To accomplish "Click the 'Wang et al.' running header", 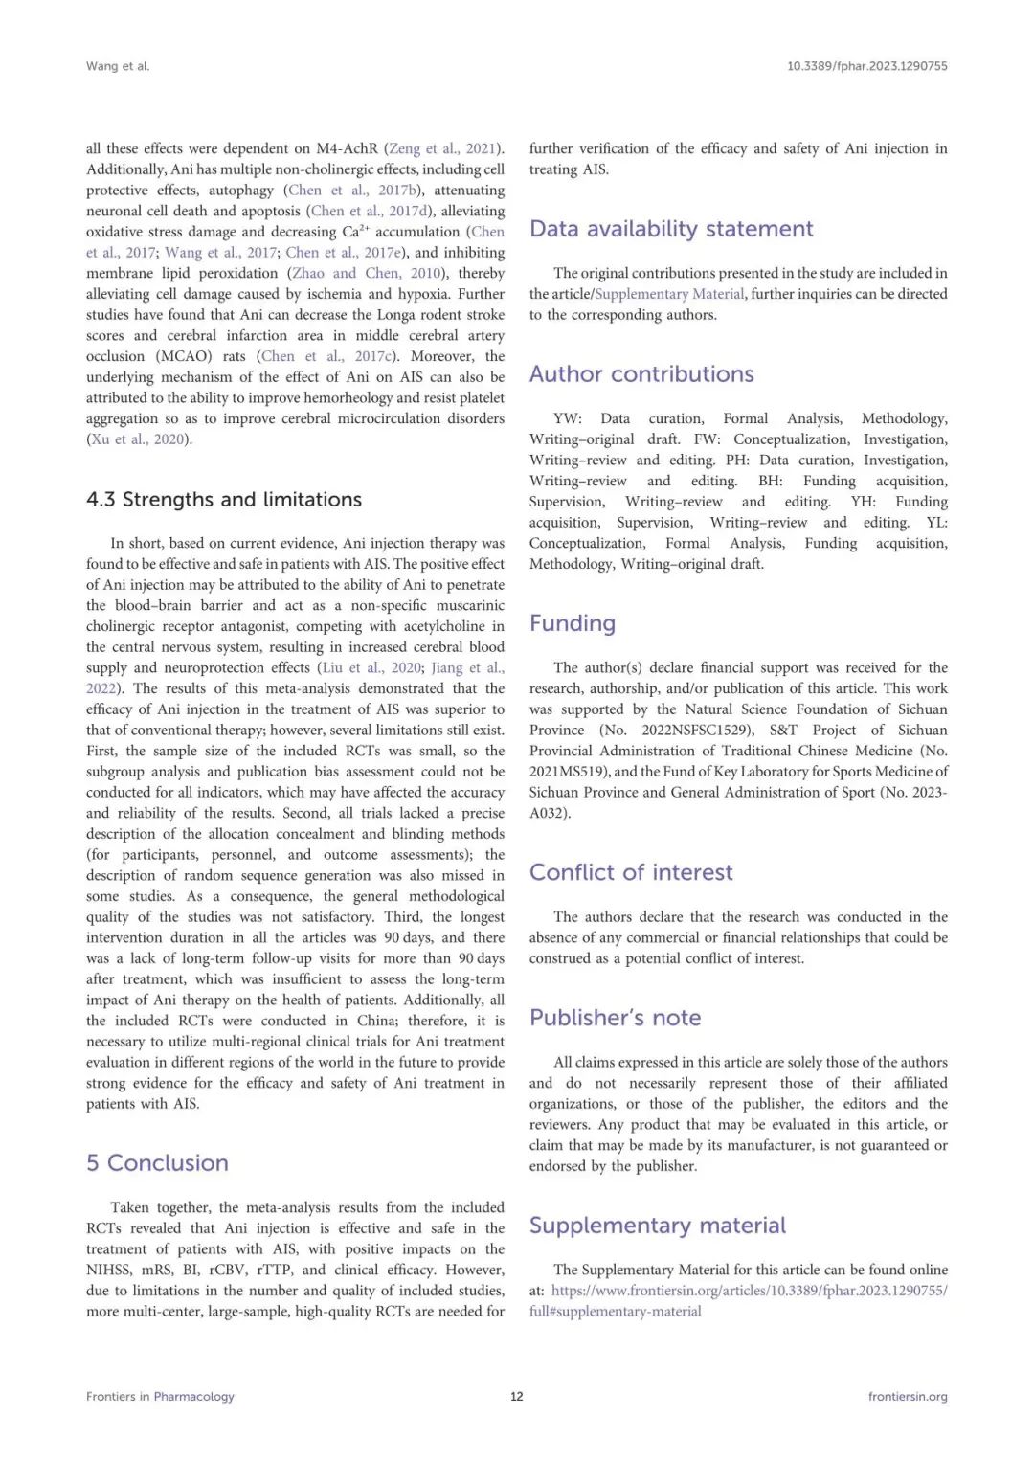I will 118,66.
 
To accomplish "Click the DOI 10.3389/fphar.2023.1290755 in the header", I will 866,66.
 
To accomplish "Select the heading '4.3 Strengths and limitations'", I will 223,500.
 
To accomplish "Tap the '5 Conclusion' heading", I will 157,1163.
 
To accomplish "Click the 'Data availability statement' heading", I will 671,229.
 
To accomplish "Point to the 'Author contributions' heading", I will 641,374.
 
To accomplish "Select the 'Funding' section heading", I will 573,623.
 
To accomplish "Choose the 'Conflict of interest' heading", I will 631,872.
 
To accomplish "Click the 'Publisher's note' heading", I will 615,1018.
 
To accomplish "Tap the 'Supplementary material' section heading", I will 657,1226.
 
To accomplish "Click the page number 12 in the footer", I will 517,1396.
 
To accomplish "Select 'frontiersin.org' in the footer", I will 907,1396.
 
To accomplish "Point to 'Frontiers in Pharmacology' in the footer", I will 160,1396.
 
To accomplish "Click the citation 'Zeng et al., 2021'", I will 443,148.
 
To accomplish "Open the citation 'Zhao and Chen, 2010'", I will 367,273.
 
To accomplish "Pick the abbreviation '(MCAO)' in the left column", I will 184,356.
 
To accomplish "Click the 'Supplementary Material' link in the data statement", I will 669,294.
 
